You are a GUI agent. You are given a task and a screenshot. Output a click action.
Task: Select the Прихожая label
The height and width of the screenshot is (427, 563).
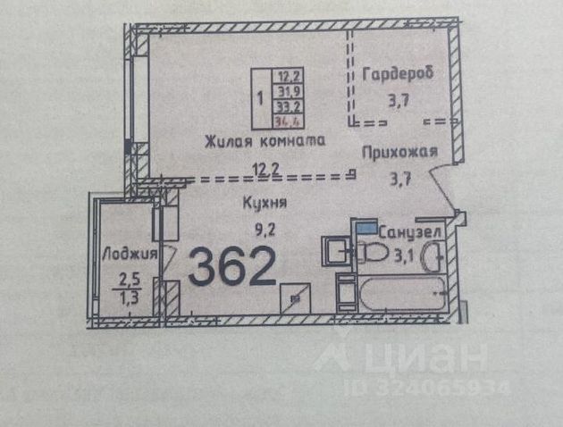pyautogui.click(x=399, y=152)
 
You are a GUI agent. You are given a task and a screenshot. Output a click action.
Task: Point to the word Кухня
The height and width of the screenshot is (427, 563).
pyautogui.click(x=265, y=203)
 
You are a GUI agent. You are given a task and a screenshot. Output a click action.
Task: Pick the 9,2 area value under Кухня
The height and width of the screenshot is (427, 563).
pyautogui.click(x=265, y=229)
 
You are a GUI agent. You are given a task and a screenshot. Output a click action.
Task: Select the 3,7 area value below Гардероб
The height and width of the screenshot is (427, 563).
pyautogui.click(x=399, y=99)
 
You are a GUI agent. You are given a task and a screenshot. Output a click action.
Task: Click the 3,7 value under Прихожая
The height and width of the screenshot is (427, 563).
pyautogui.click(x=399, y=178)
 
